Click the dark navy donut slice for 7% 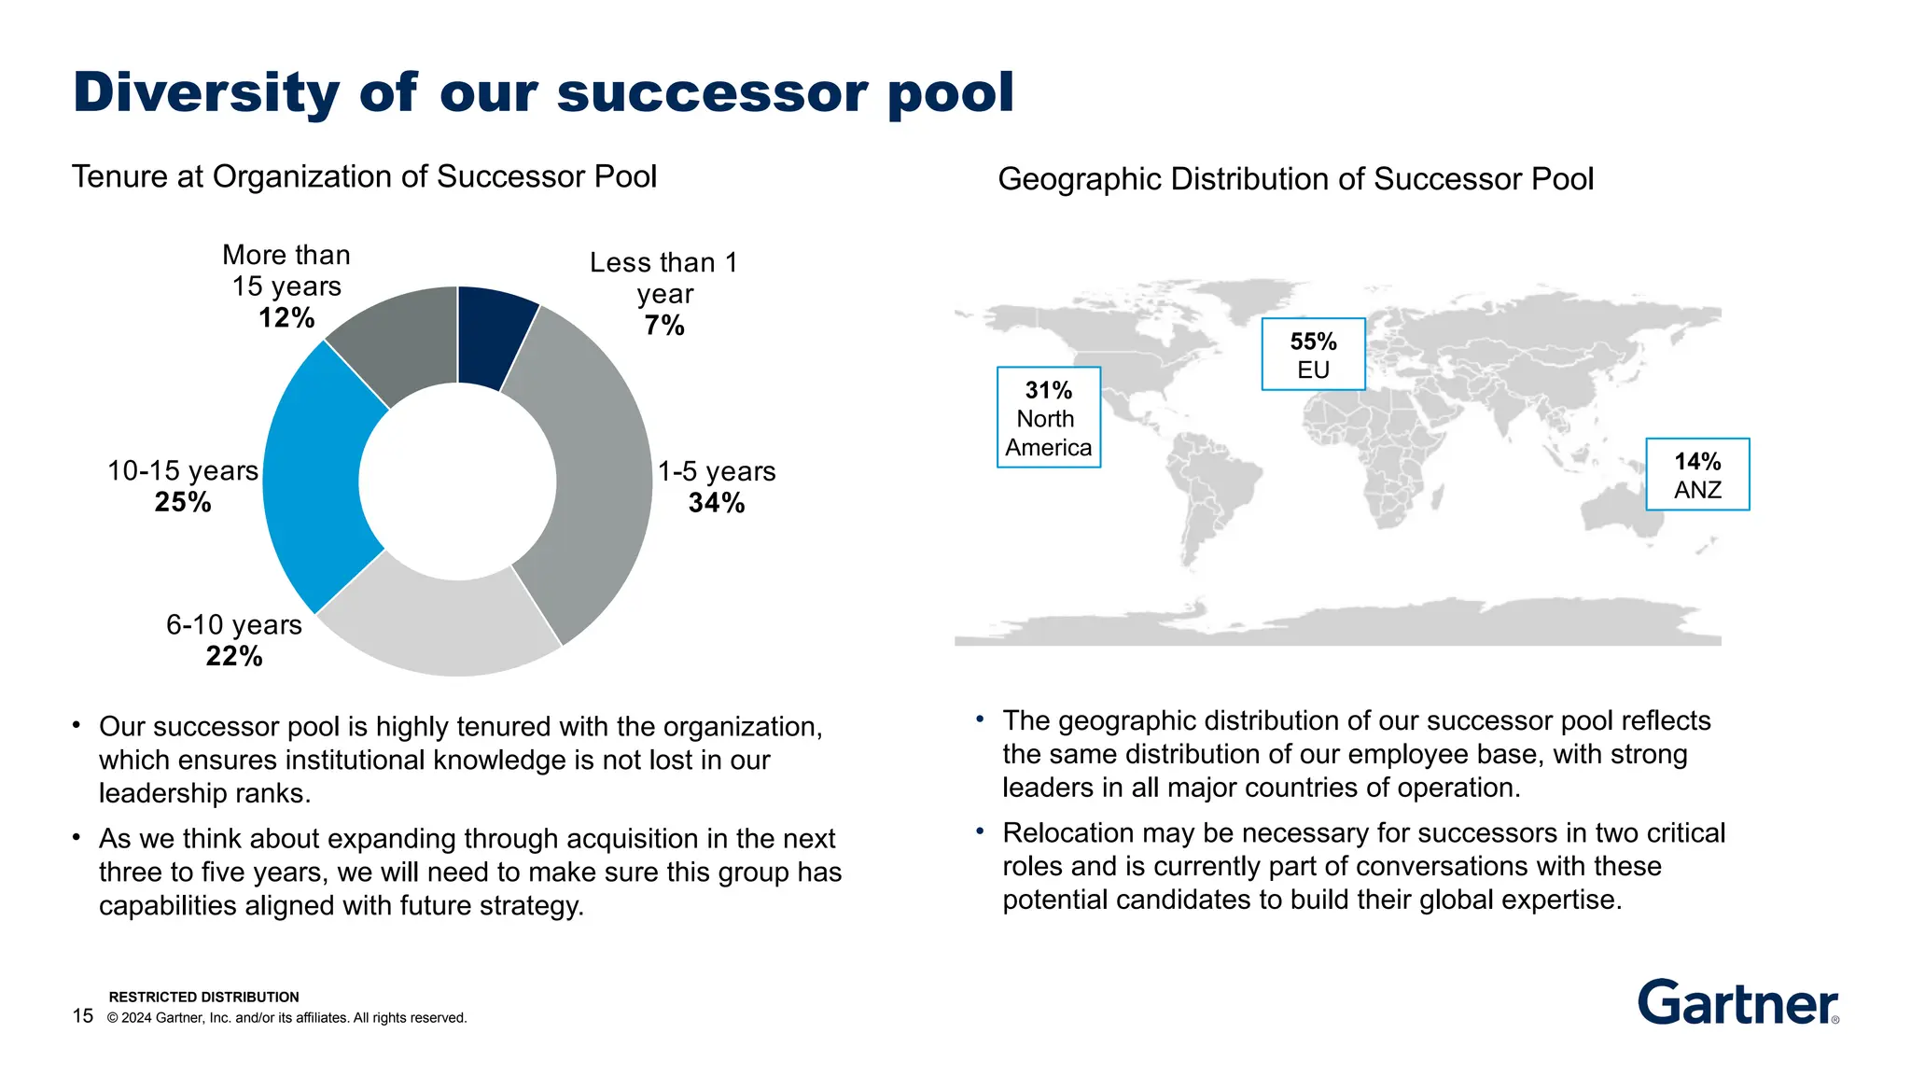click(x=492, y=336)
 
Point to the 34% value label click(x=716, y=503)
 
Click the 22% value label click(x=234, y=656)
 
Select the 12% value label click(x=286, y=318)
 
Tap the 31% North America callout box click(x=1049, y=417)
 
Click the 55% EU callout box click(x=1313, y=355)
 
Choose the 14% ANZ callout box click(x=1696, y=474)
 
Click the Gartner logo click(x=1737, y=1002)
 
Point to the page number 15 click(x=83, y=1015)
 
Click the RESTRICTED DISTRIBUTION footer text click(x=203, y=997)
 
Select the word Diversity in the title click(x=206, y=93)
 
